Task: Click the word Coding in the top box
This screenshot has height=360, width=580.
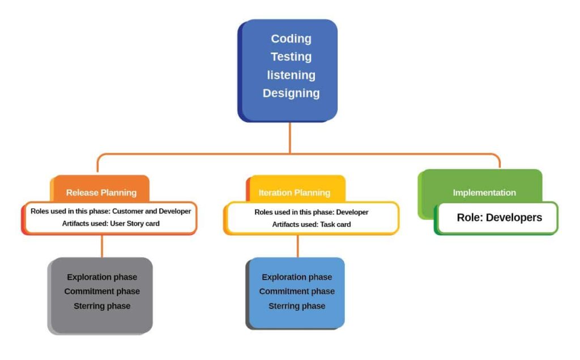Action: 291,38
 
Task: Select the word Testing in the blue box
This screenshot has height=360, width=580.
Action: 291,57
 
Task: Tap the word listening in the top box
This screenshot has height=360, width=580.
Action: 291,75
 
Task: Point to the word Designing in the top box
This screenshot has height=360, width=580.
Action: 291,93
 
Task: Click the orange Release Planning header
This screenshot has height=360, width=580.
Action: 101,192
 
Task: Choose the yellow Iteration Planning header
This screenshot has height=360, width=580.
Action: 294,192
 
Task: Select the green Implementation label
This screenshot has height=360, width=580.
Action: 484,192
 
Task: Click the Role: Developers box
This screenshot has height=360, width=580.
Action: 499,217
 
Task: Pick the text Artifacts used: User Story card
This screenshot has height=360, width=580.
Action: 110,224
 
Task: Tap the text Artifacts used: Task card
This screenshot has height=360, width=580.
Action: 311,224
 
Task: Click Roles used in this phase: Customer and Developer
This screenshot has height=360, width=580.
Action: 110,211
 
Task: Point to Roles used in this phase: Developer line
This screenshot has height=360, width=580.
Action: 311,212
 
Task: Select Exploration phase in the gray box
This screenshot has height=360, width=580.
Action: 102,277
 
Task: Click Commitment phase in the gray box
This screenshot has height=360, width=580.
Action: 102,292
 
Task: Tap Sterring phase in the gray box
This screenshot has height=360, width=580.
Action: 102,306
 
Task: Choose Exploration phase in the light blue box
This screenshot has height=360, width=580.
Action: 297,277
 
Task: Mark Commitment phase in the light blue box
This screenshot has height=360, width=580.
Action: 297,292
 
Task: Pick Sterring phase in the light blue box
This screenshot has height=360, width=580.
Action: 297,306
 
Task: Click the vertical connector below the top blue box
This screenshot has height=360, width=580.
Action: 290,137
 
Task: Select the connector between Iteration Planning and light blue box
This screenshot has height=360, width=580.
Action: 298,246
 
